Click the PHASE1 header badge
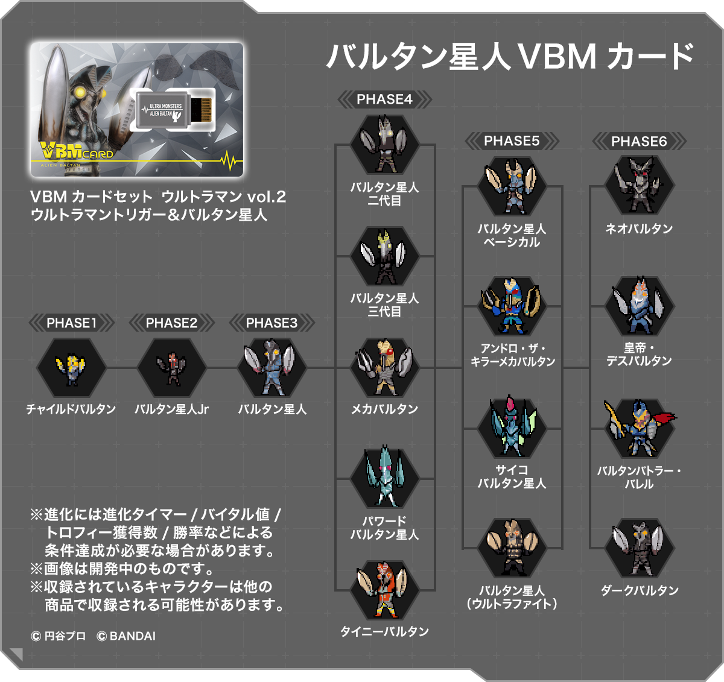pos(72,323)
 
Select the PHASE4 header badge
pos(384,99)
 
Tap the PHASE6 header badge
pos(639,142)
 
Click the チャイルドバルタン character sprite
pos(71,368)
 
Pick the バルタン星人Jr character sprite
pos(172,368)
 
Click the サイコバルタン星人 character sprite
pos(512,427)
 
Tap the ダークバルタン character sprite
pos(639,548)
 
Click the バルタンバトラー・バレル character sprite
pos(639,428)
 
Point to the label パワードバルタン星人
pos(384,528)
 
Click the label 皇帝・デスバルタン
pos(639,354)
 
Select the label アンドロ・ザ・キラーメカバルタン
pos(512,355)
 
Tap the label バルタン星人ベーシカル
pos(512,235)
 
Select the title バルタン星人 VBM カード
pos(510,56)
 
